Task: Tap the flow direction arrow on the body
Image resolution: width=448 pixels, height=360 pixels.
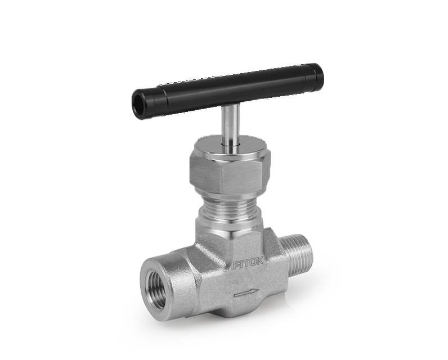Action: click(246, 293)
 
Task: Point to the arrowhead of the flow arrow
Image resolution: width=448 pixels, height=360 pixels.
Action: click(255, 292)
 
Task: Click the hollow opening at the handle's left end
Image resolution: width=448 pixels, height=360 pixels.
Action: click(139, 103)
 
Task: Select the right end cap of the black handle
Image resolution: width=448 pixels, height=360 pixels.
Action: click(319, 76)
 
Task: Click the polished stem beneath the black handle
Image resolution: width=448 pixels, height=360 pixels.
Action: click(231, 125)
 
